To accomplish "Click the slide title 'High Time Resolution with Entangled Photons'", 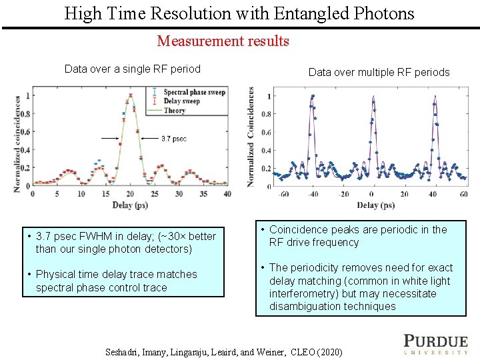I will [239, 13].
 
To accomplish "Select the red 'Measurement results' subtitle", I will [223, 41].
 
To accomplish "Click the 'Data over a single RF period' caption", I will [132, 69].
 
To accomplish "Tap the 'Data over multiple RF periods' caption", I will [379, 72].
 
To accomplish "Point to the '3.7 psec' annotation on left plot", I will [174, 139].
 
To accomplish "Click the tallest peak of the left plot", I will [129, 96].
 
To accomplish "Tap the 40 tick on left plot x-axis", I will [227, 194].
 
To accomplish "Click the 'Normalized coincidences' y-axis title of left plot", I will [18, 143].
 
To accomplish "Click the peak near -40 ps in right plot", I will [312, 97].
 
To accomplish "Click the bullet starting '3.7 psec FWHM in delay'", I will [121, 242].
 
